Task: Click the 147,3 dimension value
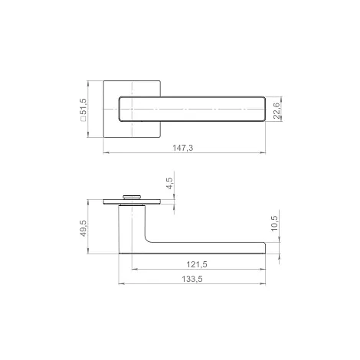coord(183,148)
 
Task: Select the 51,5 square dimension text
coord(83,106)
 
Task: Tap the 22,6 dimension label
coord(277,110)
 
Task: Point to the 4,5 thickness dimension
coord(169,183)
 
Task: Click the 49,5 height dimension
coord(83,228)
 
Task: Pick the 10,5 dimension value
coord(274,224)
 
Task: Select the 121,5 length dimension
coord(197,264)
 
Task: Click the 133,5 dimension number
coord(192,279)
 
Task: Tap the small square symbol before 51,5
coord(83,119)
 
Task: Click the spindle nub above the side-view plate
coord(132,197)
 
